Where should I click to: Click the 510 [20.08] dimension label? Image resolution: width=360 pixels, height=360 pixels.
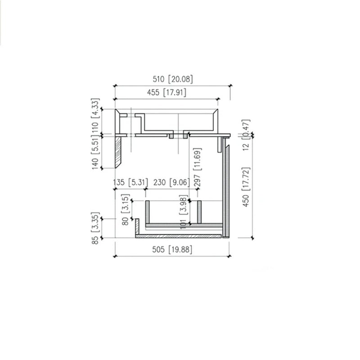(173, 79)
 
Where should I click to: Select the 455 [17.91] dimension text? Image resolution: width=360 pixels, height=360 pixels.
(166, 92)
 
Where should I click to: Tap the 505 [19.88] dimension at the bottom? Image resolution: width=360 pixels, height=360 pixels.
(172, 249)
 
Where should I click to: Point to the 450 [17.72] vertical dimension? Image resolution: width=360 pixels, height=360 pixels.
(246, 187)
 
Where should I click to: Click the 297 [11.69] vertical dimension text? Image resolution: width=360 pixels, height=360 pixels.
(198, 167)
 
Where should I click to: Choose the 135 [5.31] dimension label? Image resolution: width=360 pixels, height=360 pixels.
(130, 183)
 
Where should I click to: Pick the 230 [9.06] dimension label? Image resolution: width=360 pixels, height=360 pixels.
(171, 183)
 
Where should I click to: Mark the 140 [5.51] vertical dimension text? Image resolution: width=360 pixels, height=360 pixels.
(95, 153)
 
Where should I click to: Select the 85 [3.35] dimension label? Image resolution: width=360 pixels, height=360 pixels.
(95, 228)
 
